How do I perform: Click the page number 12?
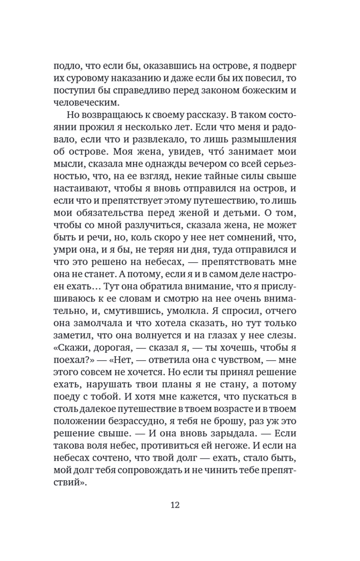175,504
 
